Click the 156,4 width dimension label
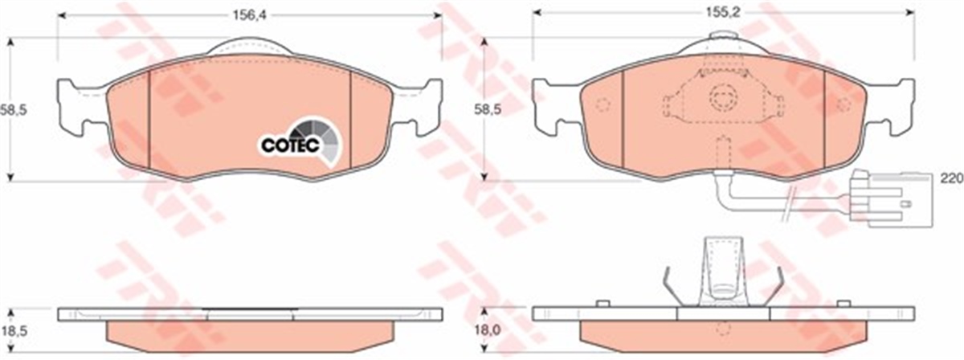click(x=250, y=14)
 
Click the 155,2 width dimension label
click(x=722, y=13)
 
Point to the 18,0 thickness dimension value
click(x=488, y=330)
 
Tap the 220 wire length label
click(x=951, y=178)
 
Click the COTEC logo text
click(x=291, y=145)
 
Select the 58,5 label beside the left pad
click(x=14, y=110)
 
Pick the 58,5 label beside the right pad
click(x=488, y=110)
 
